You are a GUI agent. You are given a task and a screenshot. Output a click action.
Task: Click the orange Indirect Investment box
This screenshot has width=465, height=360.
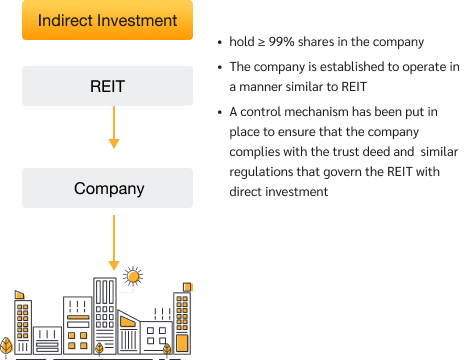(107, 20)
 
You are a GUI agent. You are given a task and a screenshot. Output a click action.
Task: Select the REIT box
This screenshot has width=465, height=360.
(107, 86)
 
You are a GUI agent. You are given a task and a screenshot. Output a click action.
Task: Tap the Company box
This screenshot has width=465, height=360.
(108, 188)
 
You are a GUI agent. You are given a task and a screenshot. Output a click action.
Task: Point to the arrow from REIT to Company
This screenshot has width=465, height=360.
(114, 127)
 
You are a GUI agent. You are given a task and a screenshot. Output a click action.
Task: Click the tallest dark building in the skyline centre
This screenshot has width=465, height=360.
(105, 315)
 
